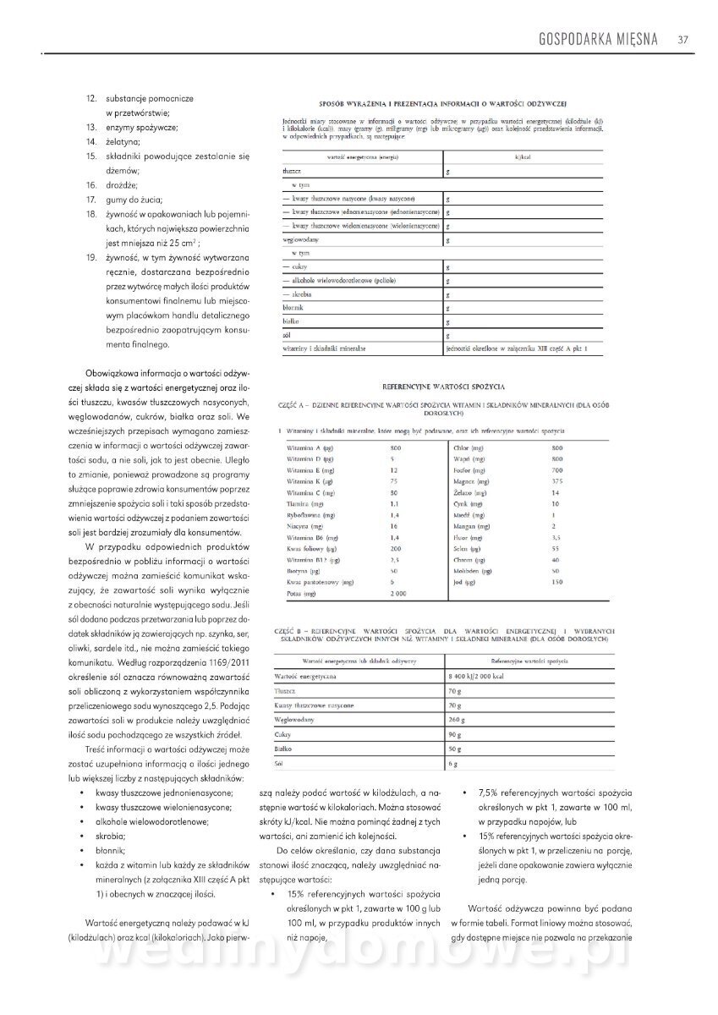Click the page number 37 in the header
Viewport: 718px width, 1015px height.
click(x=682, y=38)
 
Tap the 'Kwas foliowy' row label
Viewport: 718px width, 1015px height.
click(x=307, y=549)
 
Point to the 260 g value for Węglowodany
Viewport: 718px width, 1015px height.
click(x=458, y=720)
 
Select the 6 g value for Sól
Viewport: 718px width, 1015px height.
click(x=453, y=765)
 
